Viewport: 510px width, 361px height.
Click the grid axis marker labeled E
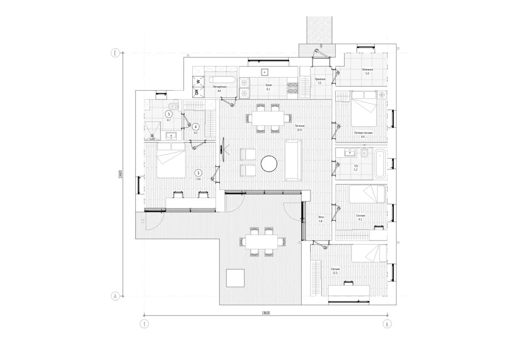tap(114, 53)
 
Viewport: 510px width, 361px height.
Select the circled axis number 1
tap(145, 324)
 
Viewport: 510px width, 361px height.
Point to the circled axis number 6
tap(387, 324)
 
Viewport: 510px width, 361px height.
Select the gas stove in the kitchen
tap(293, 88)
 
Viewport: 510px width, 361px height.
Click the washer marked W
tap(198, 80)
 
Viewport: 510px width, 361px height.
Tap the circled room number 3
tap(198, 173)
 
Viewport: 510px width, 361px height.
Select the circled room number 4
tap(195, 126)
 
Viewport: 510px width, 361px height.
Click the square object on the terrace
tap(235, 278)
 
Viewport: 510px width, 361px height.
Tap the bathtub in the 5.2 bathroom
tap(380, 162)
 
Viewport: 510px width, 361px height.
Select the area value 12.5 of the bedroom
tap(335, 273)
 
